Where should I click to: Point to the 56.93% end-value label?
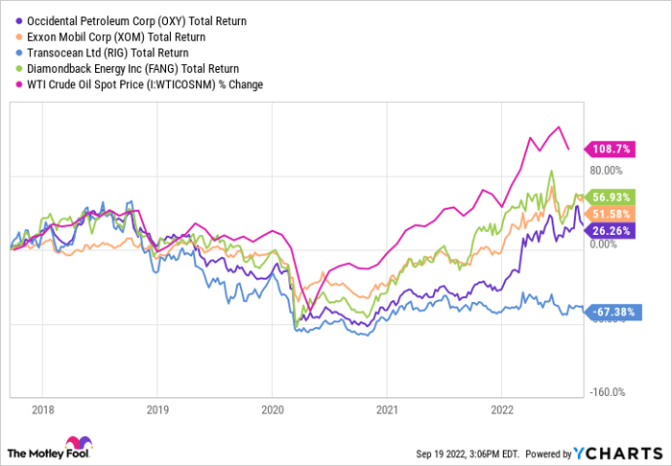tap(612, 198)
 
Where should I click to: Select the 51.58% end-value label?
tap(612, 213)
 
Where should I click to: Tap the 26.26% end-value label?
tap(612, 230)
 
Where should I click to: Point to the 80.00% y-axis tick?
tap(607, 171)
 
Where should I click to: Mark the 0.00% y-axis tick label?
tap(607, 245)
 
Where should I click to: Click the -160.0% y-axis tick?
tap(607, 391)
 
